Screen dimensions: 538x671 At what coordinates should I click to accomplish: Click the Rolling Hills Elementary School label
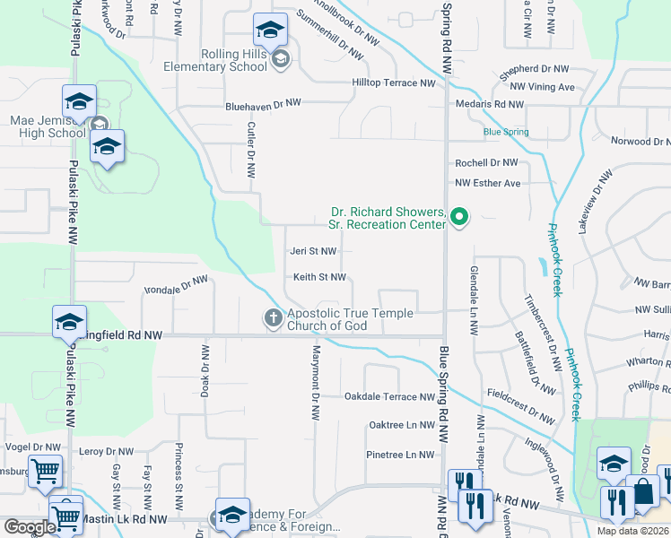(215, 60)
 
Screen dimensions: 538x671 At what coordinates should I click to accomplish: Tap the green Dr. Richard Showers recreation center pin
(460, 217)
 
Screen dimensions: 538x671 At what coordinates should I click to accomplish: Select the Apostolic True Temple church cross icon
(273, 317)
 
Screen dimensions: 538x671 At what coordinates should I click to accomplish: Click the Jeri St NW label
(313, 252)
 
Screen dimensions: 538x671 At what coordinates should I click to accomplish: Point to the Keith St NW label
(320, 277)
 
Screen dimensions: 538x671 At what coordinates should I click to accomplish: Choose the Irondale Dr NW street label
(176, 286)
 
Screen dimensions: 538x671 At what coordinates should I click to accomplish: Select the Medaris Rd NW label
(491, 105)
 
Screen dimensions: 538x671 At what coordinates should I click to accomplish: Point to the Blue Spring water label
(506, 132)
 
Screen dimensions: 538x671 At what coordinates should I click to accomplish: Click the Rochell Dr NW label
(486, 163)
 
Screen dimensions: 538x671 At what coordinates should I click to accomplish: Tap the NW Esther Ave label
(488, 183)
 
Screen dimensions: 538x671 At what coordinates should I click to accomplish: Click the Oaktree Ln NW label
(401, 425)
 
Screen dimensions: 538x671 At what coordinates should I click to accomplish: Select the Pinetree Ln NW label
(400, 455)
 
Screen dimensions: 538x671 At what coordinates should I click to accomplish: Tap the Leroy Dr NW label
(105, 451)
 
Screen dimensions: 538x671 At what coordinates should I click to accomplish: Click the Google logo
(29, 527)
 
